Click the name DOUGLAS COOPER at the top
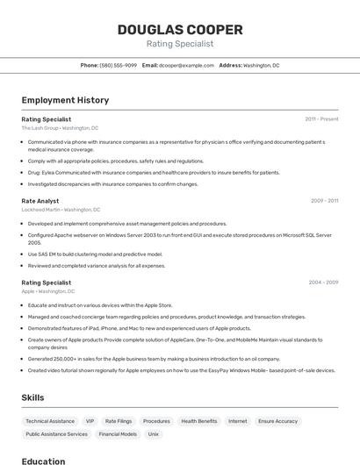click(179, 29)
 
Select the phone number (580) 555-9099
click(119, 65)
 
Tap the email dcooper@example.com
click(186, 65)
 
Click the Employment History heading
click(65, 101)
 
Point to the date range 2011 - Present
click(321, 118)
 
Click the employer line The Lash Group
click(60, 127)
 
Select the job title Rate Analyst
click(40, 201)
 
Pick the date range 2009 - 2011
click(324, 201)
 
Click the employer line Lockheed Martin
click(61, 210)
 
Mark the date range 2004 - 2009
click(323, 283)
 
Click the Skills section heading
click(33, 397)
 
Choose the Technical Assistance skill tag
click(50, 421)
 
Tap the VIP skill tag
click(90, 421)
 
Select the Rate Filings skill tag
click(119, 421)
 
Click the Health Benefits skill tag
click(199, 421)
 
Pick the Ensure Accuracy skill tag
click(277, 421)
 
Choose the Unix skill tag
click(153, 433)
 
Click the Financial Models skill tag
click(118, 433)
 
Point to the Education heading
click(43, 461)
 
